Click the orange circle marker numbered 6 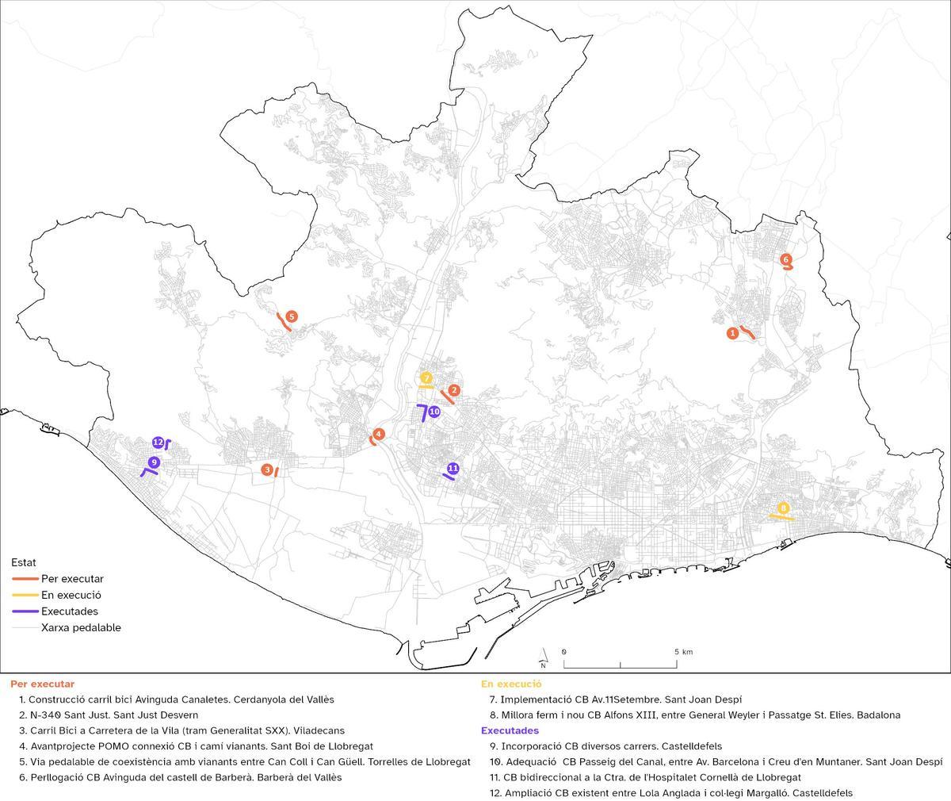pos(785,259)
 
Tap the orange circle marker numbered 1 pos(732,334)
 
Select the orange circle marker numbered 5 pos(292,316)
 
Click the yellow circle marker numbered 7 pos(426,378)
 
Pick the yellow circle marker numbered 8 pos(783,508)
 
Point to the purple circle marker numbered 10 pos(433,412)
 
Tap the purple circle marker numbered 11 pos(453,468)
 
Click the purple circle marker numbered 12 pos(158,442)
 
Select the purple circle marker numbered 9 pos(154,462)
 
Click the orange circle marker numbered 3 pos(267,470)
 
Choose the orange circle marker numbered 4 pos(379,434)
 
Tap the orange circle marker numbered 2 pos(454,390)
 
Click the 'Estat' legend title pos(23,562)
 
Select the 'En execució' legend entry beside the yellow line pos(71,595)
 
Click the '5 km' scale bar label pos(683,652)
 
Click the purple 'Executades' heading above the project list pos(510,730)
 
